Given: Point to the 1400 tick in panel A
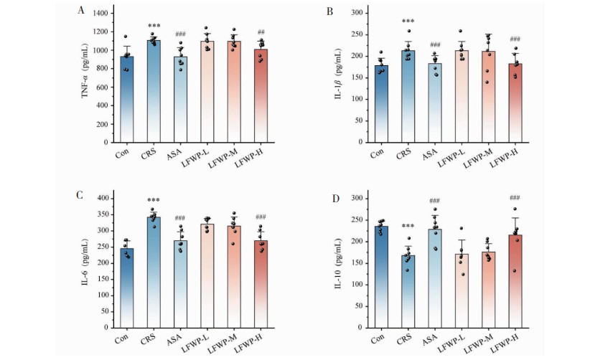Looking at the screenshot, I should point(100,14).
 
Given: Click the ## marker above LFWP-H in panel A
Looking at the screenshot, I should point(261,32).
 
